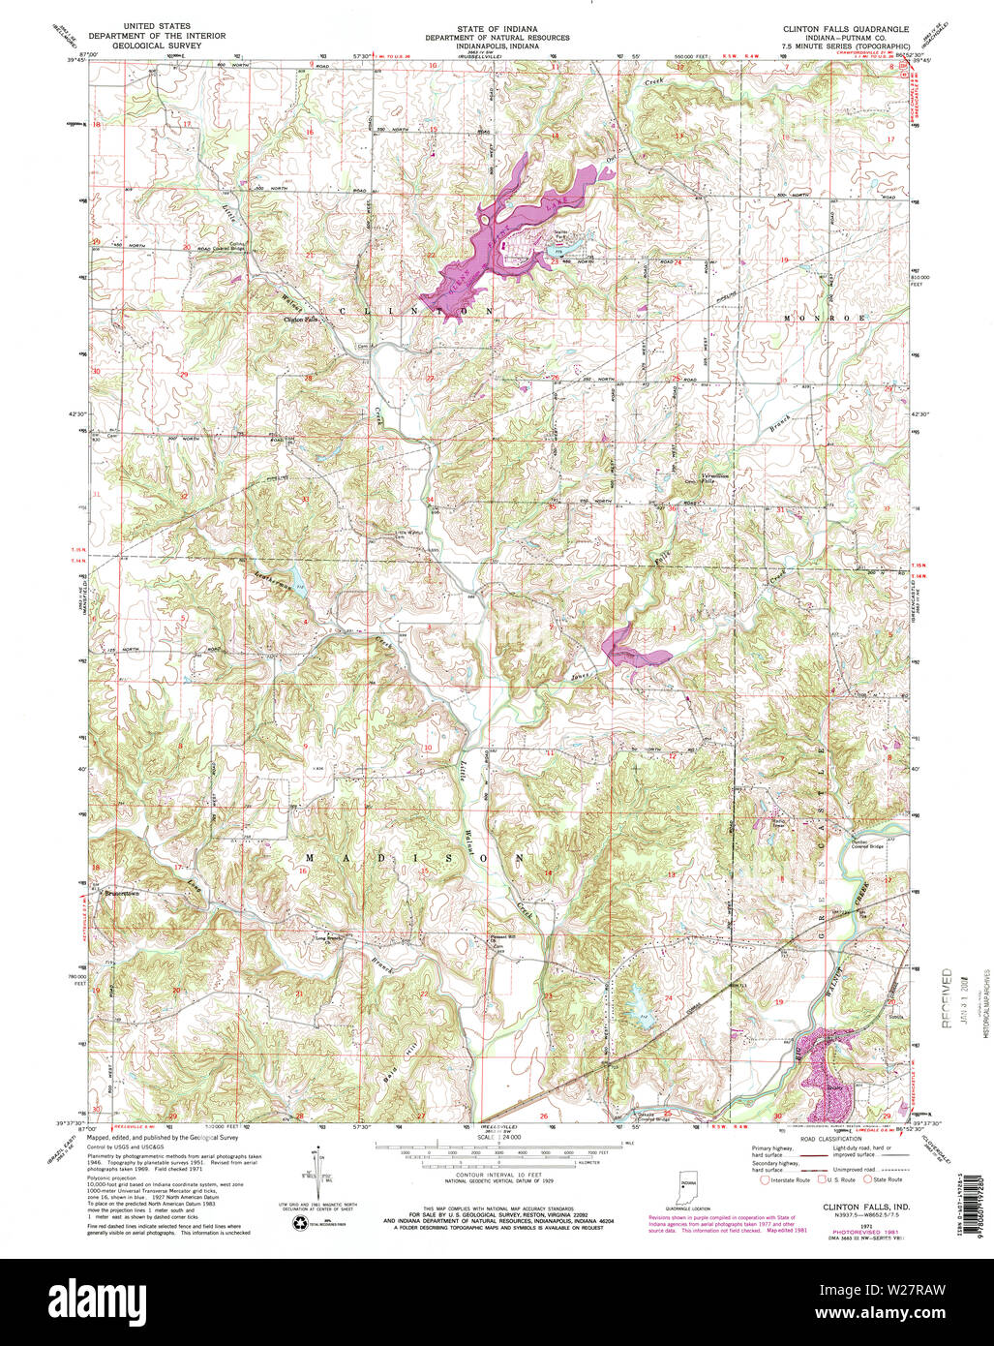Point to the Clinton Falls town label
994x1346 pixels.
click(x=300, y=320)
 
